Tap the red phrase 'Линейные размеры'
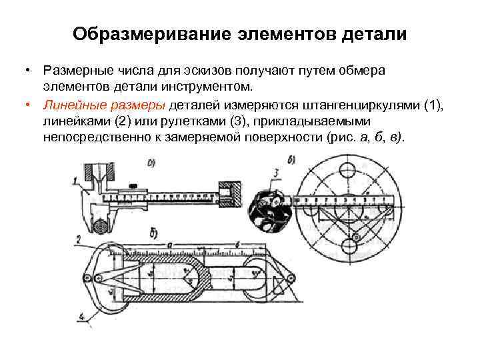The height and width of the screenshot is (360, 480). click(x=105, y=105)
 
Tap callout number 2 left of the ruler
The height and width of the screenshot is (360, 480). click(x=78, y=238)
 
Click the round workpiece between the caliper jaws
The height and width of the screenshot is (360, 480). click(x=101, y=227)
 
